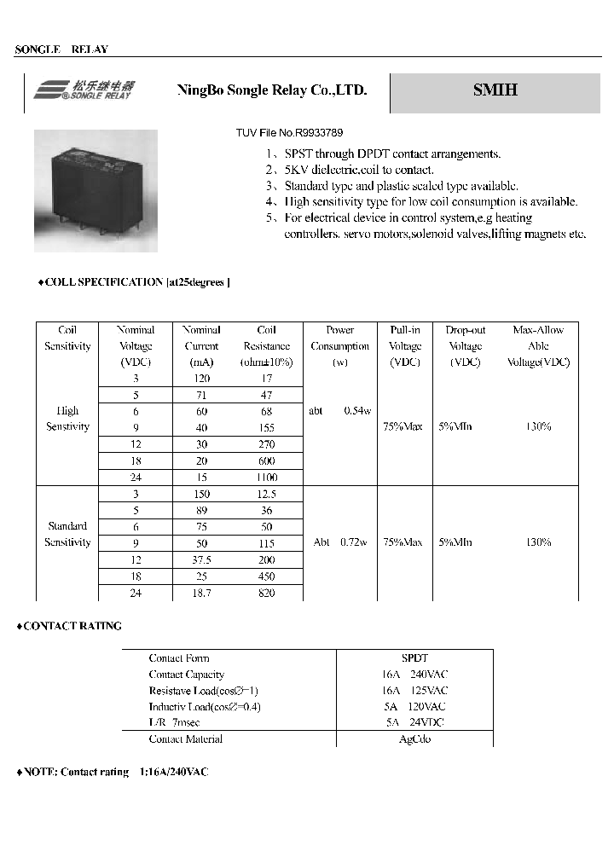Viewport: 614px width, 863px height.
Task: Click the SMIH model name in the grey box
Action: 495,90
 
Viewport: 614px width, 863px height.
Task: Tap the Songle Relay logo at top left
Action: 84,90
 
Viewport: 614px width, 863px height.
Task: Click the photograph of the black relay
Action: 96,191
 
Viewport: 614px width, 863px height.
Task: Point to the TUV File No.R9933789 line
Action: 290,133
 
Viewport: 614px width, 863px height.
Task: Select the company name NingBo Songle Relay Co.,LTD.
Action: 271,90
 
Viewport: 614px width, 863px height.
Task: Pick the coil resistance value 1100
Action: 267,478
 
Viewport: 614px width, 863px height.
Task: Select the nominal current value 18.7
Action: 201,593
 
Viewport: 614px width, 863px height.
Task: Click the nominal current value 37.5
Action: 201,559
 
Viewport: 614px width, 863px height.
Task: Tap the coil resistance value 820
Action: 267,593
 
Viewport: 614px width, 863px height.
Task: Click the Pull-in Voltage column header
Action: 405,345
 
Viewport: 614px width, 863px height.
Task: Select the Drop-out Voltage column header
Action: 466,345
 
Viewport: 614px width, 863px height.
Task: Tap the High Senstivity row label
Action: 67,419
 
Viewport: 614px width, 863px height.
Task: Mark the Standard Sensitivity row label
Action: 67,535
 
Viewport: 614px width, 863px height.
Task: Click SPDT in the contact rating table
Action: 414,658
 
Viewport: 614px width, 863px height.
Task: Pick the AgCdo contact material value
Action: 414,739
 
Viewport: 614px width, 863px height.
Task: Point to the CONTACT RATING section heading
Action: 70,626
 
